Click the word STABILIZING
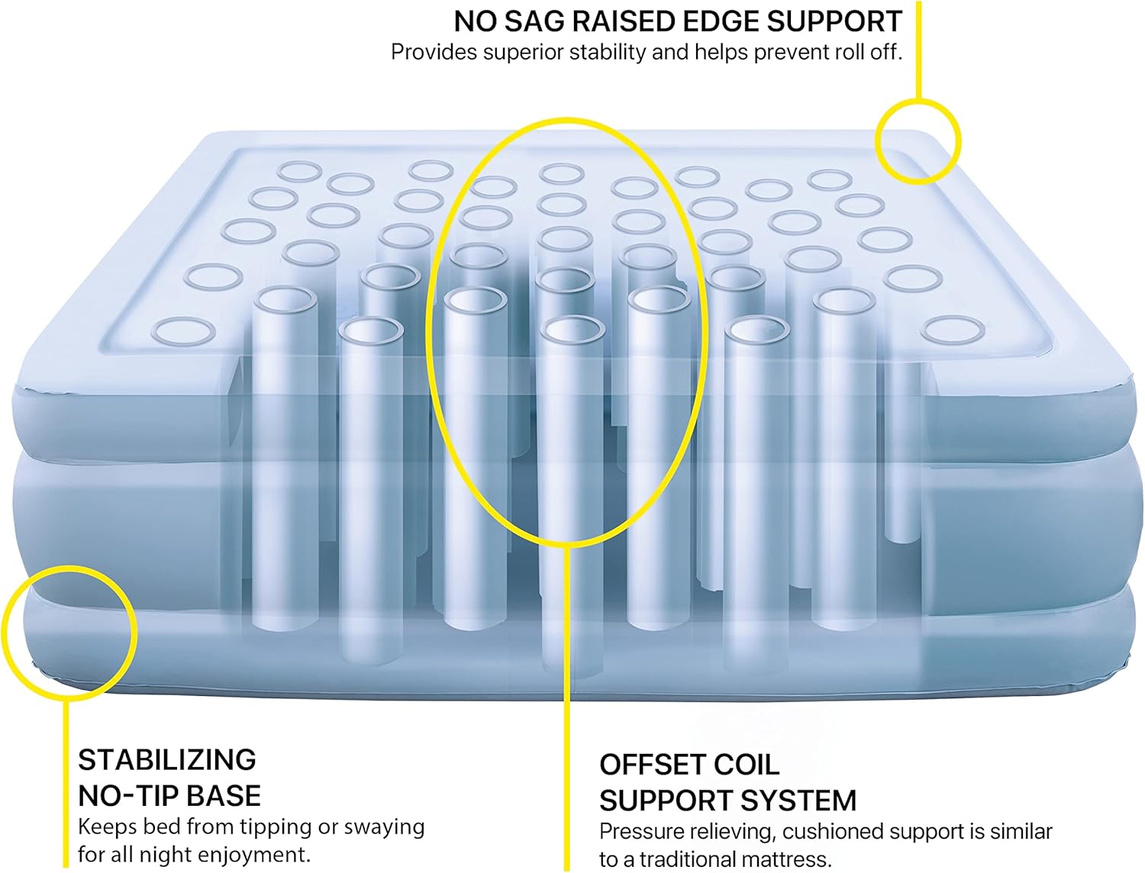(167, 759)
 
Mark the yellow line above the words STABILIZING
(66, 783)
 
